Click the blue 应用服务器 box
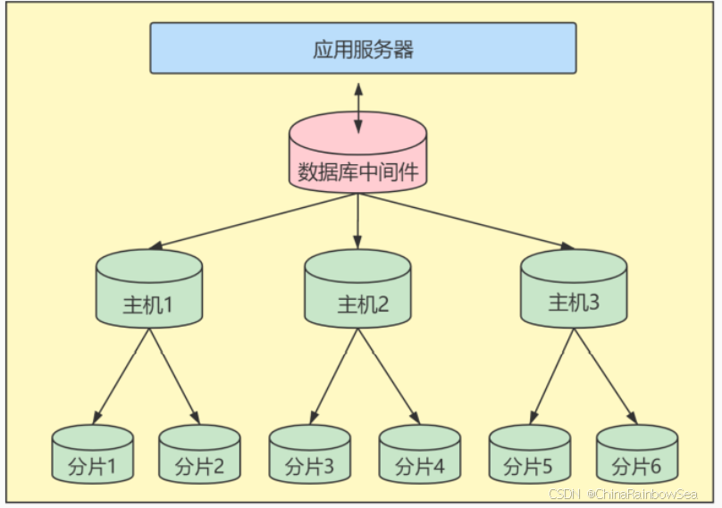pyautogui.click(x=362, y=48)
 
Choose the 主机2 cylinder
pyautogui.click(x=357, y=289)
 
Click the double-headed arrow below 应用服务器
pyautogui.click(x=358, y=107)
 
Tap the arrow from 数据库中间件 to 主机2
pyautogui.click(x=357, y=220)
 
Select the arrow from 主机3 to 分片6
pyautogui.click(x=608, y=375)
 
